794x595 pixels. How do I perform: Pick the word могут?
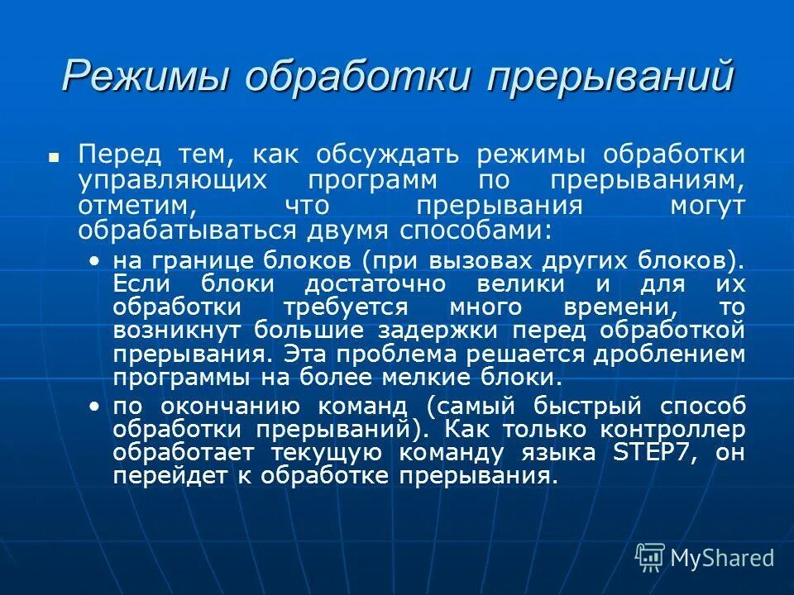coord(710,204)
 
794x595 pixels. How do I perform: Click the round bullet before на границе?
coord(95,261)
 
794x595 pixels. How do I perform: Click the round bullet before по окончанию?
coord(95,407)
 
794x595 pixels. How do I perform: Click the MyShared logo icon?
coord(650,557)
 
